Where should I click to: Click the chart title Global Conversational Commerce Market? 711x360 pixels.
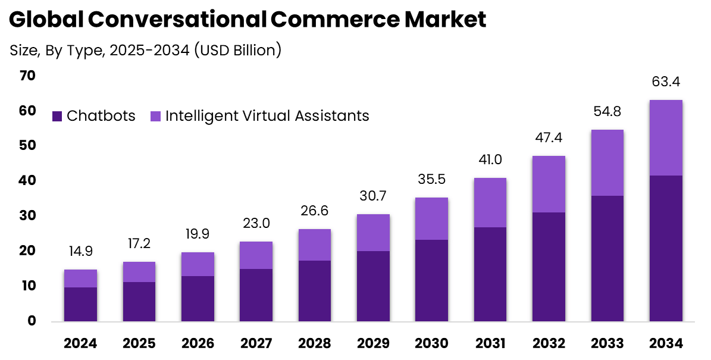pyautogui.click(x=248, y=20)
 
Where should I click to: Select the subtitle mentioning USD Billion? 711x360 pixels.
pyautogui.click(x=145, y=51)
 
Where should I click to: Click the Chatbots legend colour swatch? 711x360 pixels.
pyautogui.click(x=57, y=116)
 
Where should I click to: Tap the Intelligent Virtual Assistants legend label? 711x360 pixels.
pyautogui.click(x=267, y=115)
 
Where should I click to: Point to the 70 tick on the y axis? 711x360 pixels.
pyautogui.click(x=27, y=76)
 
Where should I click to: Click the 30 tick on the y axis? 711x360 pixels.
pyautogui.click(x=27, y=215)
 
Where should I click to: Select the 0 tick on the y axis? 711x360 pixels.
pyautogui.click(x=32, y=321)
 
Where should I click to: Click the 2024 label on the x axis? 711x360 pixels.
pyautogui.click(x=80, y=343)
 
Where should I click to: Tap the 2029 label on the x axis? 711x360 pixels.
pyautogui.click(x=373, y=343)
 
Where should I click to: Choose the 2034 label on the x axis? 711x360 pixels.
pyautogui.click(x=666, y=343)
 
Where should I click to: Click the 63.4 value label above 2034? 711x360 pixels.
pyautogui.click(x=666, y=82)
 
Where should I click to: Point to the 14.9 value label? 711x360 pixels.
pyautogui.click(x=80, y=252)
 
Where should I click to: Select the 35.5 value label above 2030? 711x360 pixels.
pyautogui.click(x=431, y=180)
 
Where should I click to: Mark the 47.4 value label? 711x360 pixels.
pyautogui.click(x=549, y=138)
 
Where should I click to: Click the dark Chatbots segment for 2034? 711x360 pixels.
pyautogui.click(x=666, y=249)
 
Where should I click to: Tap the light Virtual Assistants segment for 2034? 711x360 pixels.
pyautogui.click(x=666, y=138)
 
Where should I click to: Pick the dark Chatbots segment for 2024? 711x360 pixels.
pyautogui.click(x=80, y=305)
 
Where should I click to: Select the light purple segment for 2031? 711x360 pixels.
pyautogui.click(x=490, y=203)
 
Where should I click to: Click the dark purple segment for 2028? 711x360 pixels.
pyautogui.click(x=315, y=291)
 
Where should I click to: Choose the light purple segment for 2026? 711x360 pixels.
pyautogui.click(x=198, y=264)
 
